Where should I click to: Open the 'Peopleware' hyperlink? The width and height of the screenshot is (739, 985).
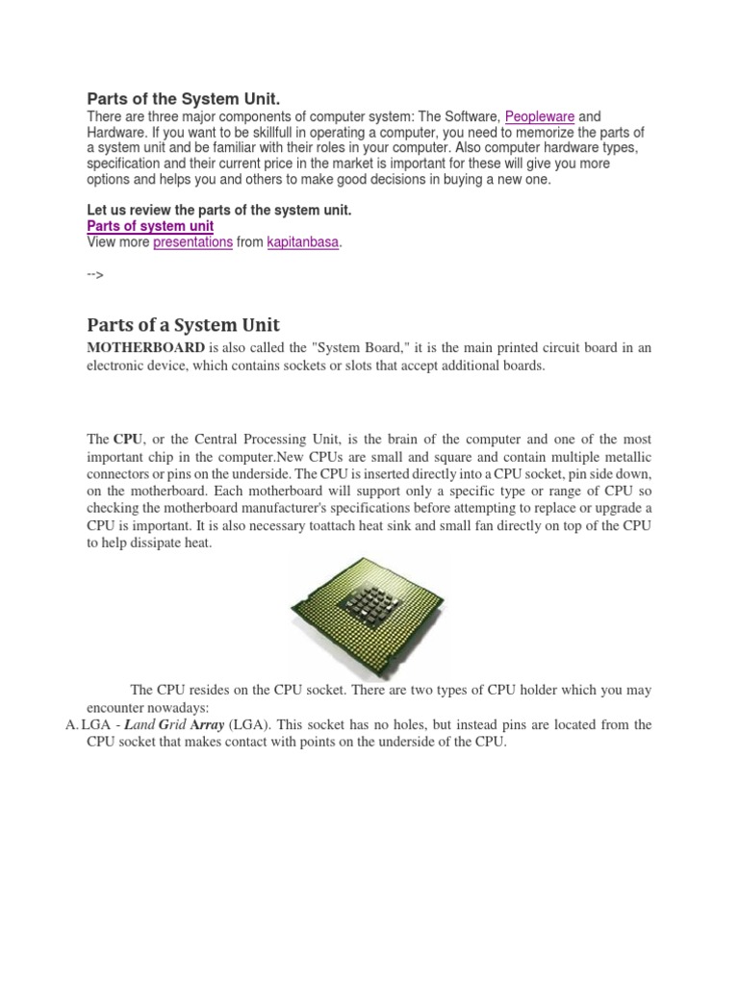tap(540, 116)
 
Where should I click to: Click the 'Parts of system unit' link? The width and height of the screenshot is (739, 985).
tap(150, 226)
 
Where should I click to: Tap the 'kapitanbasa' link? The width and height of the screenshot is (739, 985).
tap(303, 242)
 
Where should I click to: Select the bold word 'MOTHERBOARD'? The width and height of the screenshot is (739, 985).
tap(145, 347)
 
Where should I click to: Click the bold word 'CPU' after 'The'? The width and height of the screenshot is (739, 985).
tap(127, 438)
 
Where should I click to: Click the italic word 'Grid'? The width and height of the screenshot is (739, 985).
tap(174, 724)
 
